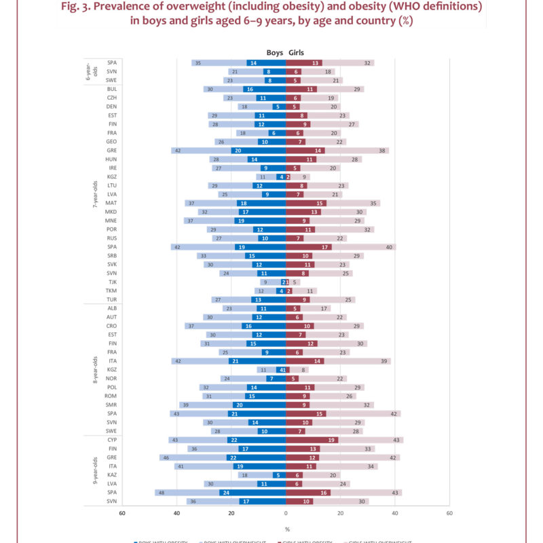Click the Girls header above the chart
pyautogui.click(x=297, y=52)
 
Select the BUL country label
pyautogui.click(x=112, y=89)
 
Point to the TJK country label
pyautogui.click(x=112, y=282)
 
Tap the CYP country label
pyautogui.click(x=112, y=440)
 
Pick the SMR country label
pyautogui.click(x=112, y=405)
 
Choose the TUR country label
pyautogui.click(x=112, y=299)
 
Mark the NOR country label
pyautogui.click(x=112, y=378)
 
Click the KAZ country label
pyautogui.click(x=112, y=475)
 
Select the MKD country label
pyautogui.click(x=112, y=212)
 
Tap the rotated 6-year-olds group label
pyautogui.click(x=95, y=71)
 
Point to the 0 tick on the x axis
pyautogui.click(x=286, y=514)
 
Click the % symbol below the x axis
pyautogui.click(x=286, y=529)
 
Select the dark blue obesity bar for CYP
pyautogui.click(x=256, y=440)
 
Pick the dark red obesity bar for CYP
pyautogui.click(x=312, y=440)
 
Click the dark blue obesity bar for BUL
pyautogui.click(x=264, y=89)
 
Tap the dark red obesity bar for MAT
pyautogui.click(x=306, y=203)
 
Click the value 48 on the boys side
pyautogui.click(x=160, y=493)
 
